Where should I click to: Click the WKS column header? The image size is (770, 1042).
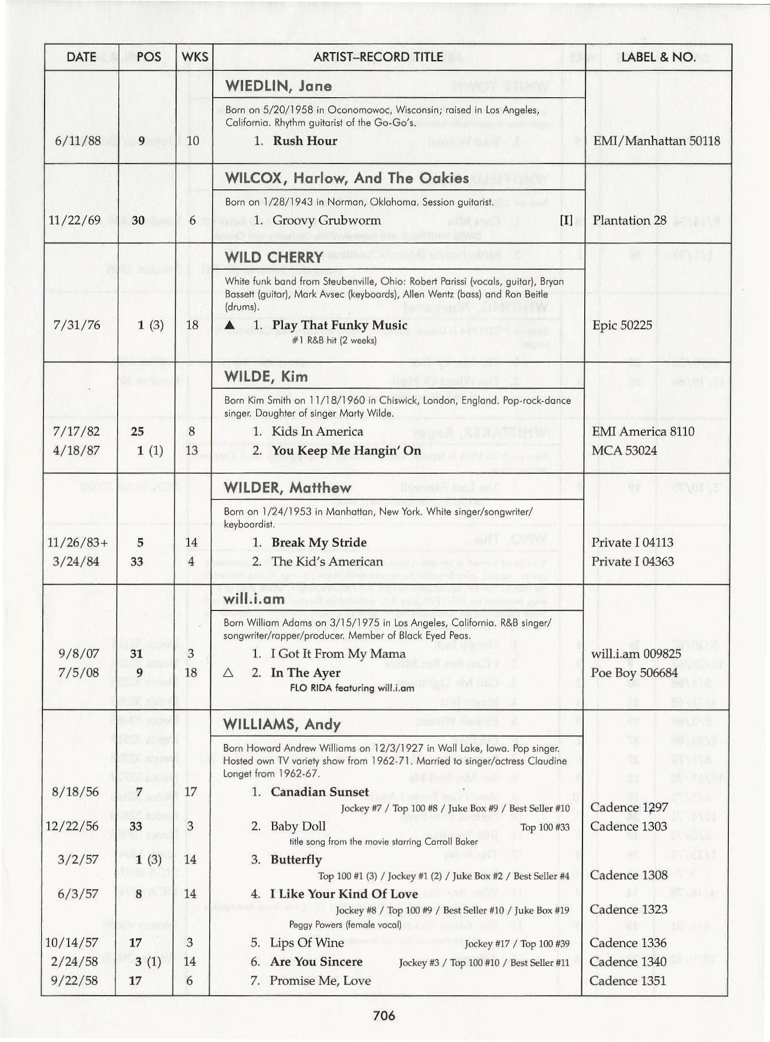pyautogui.click(x=194, y=57)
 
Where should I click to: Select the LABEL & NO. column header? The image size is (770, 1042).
pyautogui.click(x=658, y=57)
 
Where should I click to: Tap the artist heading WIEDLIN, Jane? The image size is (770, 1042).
pyautogui.click(x=278, y=86)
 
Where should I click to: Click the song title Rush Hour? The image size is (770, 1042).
pyautogui.click(x=305, y=141)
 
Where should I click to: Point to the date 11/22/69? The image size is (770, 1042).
pyautogui.click(x=74, y=221)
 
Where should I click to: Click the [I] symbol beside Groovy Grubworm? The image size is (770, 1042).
pyautogui.click(x=566, y=221)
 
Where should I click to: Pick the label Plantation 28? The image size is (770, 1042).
pyautogui.click(x=629, y=221)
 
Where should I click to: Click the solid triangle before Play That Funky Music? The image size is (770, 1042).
pyautogui.click(x=230, y=325)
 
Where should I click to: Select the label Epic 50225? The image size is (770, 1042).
pyautogui.click(x=622, y=325)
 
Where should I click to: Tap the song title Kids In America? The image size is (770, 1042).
pyautogui.click(x=317, y=432)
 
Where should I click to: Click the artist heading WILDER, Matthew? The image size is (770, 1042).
pyautogui.click(x=288, y=488)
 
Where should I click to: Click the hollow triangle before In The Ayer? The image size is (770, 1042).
pyautogui.click(x=228, y=673)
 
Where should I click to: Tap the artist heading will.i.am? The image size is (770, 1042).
pyautogui.click(x=254, y=599)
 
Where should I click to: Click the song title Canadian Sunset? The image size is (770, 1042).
pyautogui.click(x=320, y=792)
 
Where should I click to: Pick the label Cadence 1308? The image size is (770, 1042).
pyautogui.click(x=628, y=875)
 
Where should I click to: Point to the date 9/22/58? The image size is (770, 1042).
pyautogui.click(x=74, y=980)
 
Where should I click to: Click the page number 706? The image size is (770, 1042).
pyautogui.click(x=384, y=1015)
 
